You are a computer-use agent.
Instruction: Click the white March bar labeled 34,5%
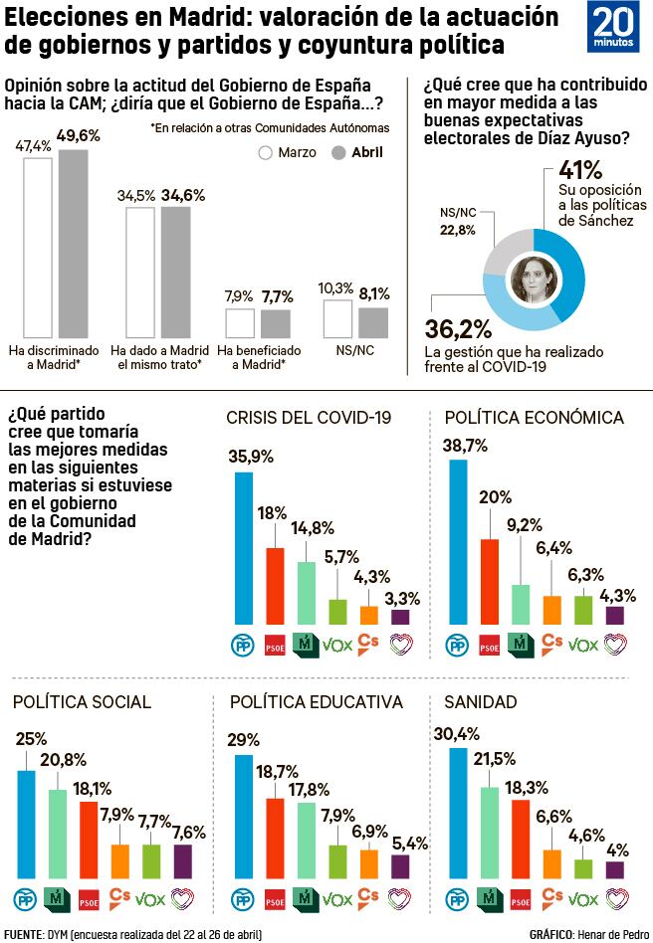click(140, 273)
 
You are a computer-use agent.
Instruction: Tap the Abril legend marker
click(337, 153)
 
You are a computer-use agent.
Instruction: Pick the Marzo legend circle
click(266, 153)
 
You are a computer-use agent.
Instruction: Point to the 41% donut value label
click(581, 169)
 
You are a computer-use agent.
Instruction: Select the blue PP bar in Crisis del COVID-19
click(244, 547)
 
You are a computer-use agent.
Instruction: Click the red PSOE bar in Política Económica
click(489, 581)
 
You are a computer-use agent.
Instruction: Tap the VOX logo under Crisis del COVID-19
click(338, 645)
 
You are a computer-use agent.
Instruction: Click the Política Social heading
click(82, 702)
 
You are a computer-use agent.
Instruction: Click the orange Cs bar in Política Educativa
click(369, 864)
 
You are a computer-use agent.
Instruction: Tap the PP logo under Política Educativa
click(242, 899)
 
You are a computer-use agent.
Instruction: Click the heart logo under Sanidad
click(616, 899)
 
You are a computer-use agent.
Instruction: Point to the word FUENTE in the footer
click(23, 934)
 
